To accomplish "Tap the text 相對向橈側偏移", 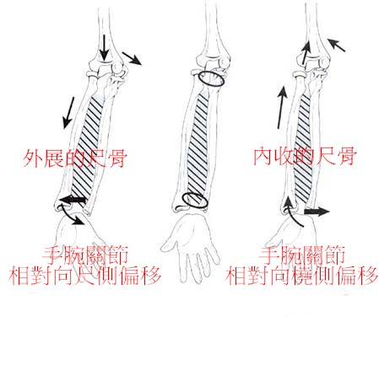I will point(301,275).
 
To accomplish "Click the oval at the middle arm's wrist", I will point(195,201).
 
